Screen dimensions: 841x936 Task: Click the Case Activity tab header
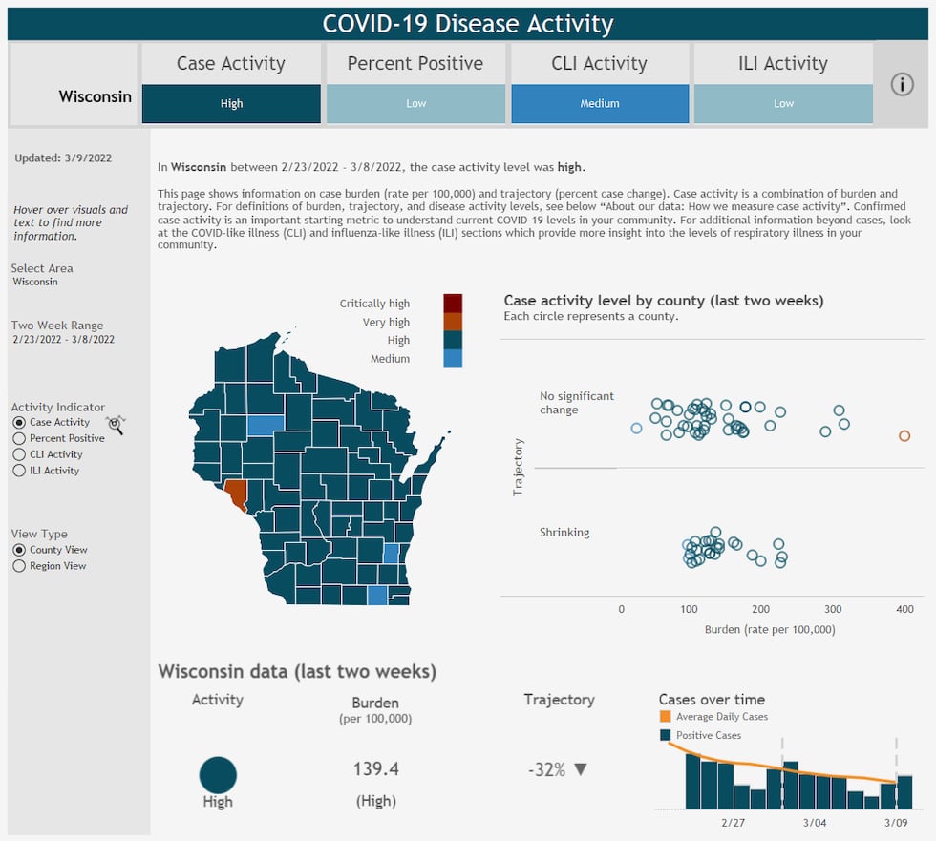[x=231, y=64]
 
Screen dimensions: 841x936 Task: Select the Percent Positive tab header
[x=415, y=64]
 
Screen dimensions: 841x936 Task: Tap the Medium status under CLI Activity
[x=600, y=104]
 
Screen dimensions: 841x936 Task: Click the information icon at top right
[x=903, y=84]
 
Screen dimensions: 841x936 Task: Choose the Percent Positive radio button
[x=19, y=438]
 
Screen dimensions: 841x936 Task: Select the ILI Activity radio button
[x=19, y=471]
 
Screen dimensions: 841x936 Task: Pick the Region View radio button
[x=19, y=566]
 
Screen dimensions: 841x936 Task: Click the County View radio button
[x=19, y=550]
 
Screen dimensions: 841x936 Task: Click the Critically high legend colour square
[x=453, y=304]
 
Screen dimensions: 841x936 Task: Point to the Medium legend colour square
[x=453, y=359]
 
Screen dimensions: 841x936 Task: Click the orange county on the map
[x=237, y=494]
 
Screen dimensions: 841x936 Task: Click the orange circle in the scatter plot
[x=904, y=436]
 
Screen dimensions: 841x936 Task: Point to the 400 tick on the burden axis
[x=904, y=609]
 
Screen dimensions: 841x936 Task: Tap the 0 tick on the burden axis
[x=622, y=609]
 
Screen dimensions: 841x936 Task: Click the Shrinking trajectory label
[x=564, y=533]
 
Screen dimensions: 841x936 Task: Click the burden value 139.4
[x=375, y=769]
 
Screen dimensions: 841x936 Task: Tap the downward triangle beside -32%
[x=581, y=769]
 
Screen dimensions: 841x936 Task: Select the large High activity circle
[x=218, y=774]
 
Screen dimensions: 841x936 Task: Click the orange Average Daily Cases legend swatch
[x=665, y=717]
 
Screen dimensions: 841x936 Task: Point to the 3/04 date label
[x=815, y=822]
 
